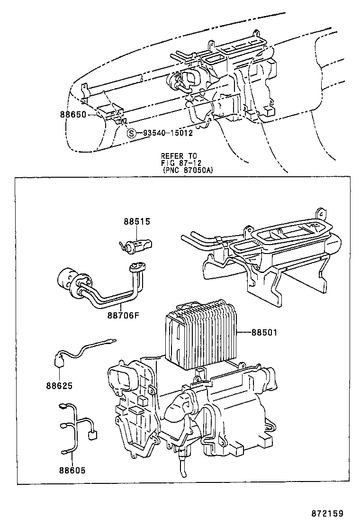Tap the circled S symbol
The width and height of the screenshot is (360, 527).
[x=132, y=133]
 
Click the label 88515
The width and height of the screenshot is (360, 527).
[x=137, y=221]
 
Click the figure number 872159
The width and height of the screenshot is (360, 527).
[x=327, y=513]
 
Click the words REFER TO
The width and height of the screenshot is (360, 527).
[x=179, y=155]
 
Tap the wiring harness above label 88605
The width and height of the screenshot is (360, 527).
[x=76, y=427]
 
